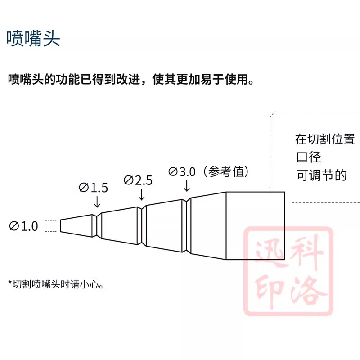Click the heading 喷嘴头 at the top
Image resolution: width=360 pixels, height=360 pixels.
tap(33, 39)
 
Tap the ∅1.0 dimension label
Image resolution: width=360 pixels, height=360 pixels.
tap(24, 226)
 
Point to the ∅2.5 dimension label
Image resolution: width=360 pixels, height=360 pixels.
tap(138, 180)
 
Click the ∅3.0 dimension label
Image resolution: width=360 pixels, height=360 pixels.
tap(183, 171)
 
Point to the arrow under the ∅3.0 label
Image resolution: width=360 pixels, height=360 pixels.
tap(186, 186)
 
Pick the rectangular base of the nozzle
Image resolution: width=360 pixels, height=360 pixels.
tap(255, 226)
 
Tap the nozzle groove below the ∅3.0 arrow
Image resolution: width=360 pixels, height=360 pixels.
tap(187, 226)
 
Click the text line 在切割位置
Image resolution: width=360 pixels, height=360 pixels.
tap(325, 139)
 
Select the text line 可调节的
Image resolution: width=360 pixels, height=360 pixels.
tap(321, 175)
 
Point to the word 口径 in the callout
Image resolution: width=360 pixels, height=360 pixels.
tap(308, 157)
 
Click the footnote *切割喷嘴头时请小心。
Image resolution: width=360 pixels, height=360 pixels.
tap(57, 284)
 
